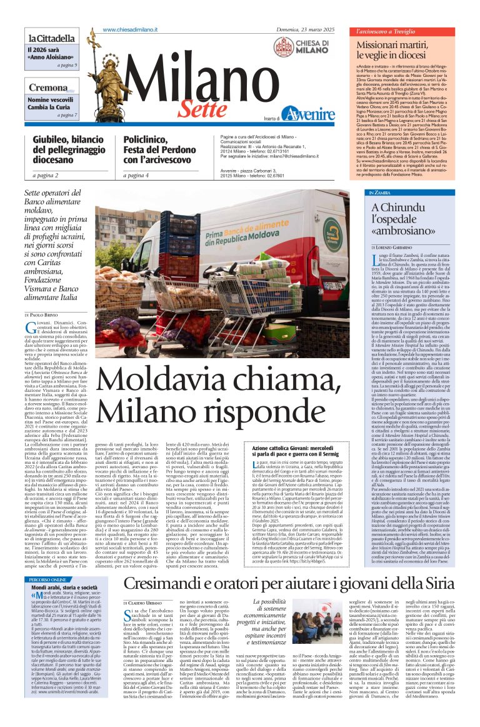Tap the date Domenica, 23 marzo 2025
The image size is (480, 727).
tap(307, 29)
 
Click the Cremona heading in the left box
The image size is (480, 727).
tap(46, 88)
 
